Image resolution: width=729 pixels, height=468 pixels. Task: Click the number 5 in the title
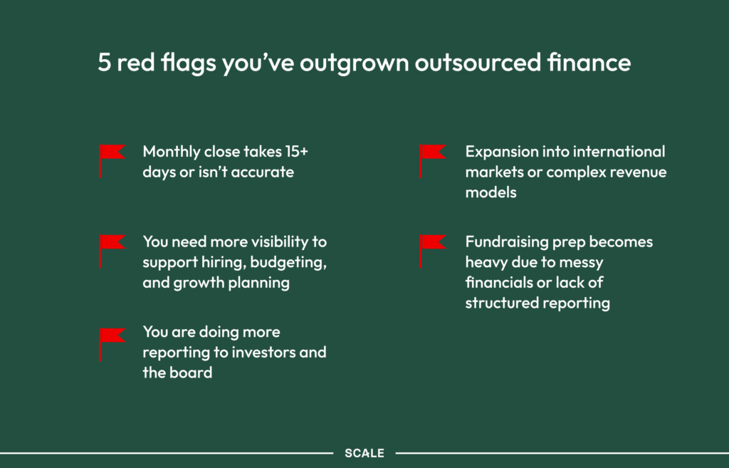click(x=104, y=63)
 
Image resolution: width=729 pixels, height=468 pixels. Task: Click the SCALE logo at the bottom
click(x=364, y=453)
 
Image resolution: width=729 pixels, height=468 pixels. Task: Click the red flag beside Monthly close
click(x=112, y=161)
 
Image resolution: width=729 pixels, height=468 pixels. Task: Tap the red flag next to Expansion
click(x=433, y=161)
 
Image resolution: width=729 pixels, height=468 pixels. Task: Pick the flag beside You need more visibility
click(x=112, y=251)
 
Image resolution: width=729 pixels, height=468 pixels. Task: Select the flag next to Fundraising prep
click(x=433, y=251)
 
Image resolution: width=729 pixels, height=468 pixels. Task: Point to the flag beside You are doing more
click(x=112, y=344)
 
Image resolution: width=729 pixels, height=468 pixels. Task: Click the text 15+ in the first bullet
click(x=297, y=152)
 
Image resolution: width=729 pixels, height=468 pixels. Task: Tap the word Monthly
click(x=172, y=152)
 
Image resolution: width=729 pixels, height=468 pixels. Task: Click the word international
click(x=619, y=152)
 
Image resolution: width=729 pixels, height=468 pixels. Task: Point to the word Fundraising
click(x=507, y=243)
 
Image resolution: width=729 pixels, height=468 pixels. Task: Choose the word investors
click(x=264, y=352)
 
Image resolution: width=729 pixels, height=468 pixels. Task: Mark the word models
click(x=491, y=192)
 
